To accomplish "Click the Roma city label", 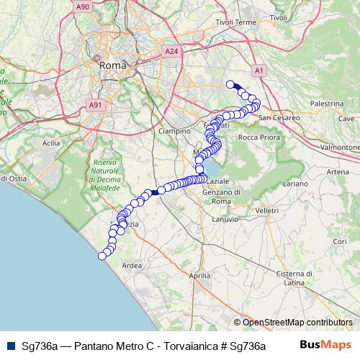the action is click(112, 65).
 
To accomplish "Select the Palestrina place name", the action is click(326, 104).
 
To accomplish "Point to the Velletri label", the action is click(266, 210).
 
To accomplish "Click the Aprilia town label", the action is click(198, 276).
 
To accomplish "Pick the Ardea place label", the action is click(132, 266).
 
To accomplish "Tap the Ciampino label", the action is click(174, 131).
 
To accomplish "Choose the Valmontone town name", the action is click(339, 146).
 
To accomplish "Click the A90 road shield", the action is click(83, 6).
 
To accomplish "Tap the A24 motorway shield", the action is click(171, 52).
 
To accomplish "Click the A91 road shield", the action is click(94, 105).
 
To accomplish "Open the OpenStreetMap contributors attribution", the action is click(297, 323).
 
